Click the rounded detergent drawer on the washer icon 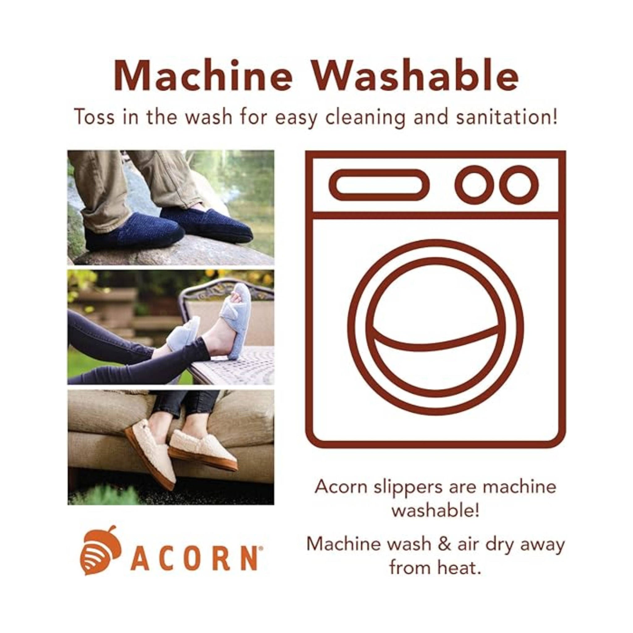click(x=379, y=185)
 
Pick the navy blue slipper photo click(x=171, y=207)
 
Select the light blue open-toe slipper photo click(x=171, y=327)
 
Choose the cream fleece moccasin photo click(x=171, y=447)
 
